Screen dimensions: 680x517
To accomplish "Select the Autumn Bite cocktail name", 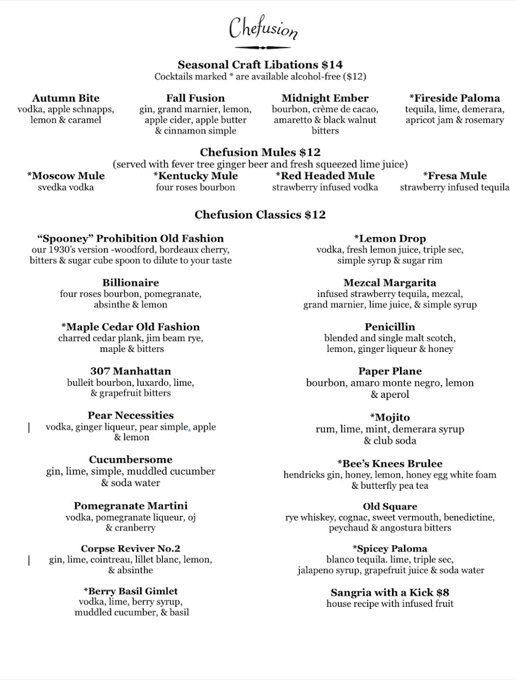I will pos(66,98).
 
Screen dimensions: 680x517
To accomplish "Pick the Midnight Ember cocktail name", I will pos(325,98).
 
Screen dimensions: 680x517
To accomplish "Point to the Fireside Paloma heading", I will pos(455,98).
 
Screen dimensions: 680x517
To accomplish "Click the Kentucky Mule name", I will pos(195,176).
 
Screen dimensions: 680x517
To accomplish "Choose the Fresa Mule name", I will pos(455,176).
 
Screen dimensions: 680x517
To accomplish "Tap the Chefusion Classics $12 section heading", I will pos(260,214).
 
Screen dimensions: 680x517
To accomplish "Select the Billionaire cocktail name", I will pos(131,282).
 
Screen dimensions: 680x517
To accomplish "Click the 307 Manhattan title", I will pos(131,371).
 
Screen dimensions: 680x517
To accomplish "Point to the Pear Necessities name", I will pos(131,416).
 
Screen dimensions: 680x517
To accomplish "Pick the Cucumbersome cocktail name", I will pos(131,460).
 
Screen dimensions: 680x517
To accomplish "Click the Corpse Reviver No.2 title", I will pos(131,549).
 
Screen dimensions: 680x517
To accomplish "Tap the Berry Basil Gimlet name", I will pos(131,591).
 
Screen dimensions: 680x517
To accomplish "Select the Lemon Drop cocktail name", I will pos(390,238).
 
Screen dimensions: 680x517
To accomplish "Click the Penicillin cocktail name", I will pos(390,327).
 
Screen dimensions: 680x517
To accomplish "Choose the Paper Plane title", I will pos(390,371).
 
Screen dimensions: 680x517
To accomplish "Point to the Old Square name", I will pos(390,507).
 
